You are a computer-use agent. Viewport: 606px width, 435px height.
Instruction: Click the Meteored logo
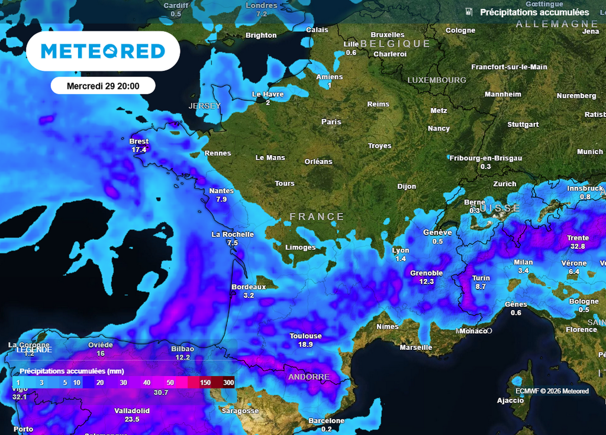click(103, 51)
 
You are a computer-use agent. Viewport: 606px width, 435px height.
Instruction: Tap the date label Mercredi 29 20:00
click(103, 86)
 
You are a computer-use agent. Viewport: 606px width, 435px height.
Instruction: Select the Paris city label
click(331, 122)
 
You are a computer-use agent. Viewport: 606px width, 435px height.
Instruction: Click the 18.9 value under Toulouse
click(305, 344)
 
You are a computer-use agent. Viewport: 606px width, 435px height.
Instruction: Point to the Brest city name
click(139, 141)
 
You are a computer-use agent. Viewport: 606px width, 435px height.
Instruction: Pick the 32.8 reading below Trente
click(578, 246)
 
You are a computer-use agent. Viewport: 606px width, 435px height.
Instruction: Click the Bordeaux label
click(249, 287)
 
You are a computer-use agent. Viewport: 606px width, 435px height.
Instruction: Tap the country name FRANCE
click(317, 217)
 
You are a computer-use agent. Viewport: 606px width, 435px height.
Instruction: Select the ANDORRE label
click(309, 376)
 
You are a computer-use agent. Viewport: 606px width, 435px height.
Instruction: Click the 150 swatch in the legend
click(205, 383)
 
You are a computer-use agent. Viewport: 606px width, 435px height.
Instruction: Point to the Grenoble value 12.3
click(427, 281)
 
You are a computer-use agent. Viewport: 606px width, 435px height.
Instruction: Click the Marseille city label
click(416, 347)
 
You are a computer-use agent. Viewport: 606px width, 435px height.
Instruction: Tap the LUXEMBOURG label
click(437, 80)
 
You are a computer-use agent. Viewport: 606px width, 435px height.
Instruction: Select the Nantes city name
click(222, 191)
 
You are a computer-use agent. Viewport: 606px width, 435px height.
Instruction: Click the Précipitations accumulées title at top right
click(534, 12)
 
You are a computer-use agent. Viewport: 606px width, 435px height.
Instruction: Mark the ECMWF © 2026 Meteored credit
click(552, 391)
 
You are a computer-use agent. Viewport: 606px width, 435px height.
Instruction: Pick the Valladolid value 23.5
click(132, 419)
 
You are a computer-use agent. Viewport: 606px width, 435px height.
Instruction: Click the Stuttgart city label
click(523, 125)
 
